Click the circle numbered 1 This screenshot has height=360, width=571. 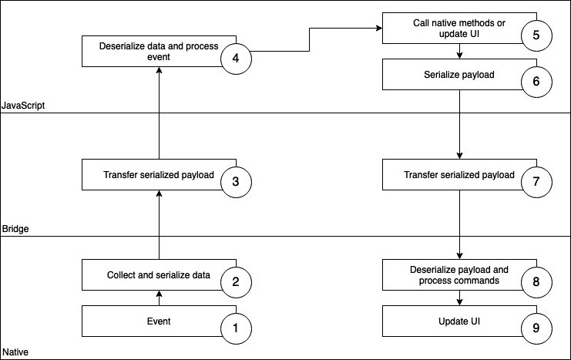pyautogui.click(x=236, y=329)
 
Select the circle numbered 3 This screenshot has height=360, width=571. pyautogui.click(x=236, y=183)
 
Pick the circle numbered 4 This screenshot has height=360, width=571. pyautogui.click(x=236, y=61)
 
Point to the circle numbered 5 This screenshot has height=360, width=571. pyautogui.click(x=536, y=35)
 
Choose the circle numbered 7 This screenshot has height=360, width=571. pyautogui.click(x=536, y=183)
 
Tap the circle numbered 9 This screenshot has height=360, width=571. pyautogui.click(x=536, y=329)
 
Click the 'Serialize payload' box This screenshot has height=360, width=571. pyautogui.click(x=458, y=76)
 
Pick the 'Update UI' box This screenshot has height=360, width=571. pyautogui.click(x=458, y=321)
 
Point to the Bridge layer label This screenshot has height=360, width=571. pyautogui.click(x=15, y=229)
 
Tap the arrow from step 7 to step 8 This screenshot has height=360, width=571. pyautogui.click(x=460, y=224)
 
